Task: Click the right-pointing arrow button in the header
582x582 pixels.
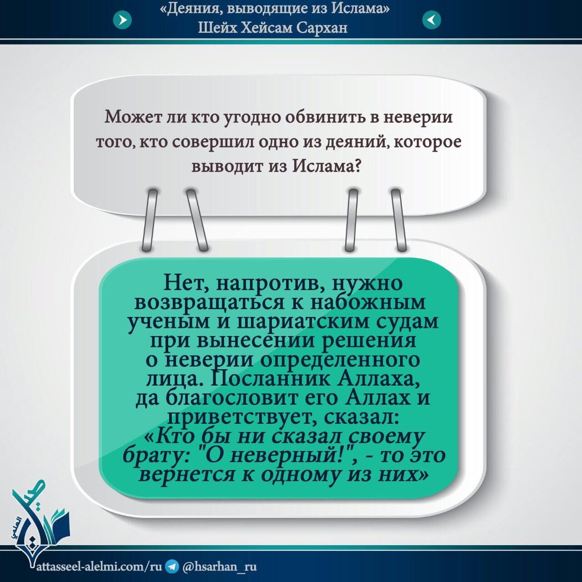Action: [x=122, y=20]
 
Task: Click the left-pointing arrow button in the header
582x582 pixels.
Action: [x=431, y=20]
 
